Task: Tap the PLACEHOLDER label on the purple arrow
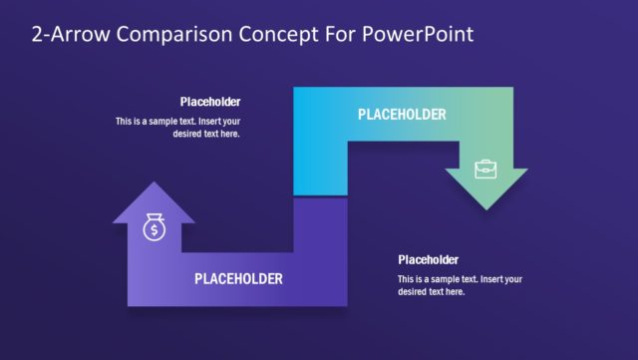coord(238,278)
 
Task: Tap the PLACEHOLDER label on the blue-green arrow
coord(402,115)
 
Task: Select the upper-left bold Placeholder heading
coord(210,102)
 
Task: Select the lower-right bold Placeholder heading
coord(429,260)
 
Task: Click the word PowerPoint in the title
coord(419,34)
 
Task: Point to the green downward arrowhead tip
coord(485,207)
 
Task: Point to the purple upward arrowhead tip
coord(154,184)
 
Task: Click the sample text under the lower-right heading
coord(460,285)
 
